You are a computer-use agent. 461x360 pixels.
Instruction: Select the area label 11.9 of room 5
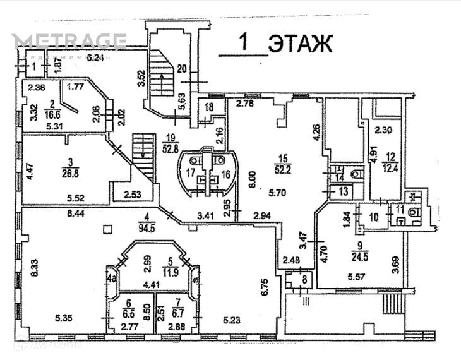pyautogui.click(x=167, y=272)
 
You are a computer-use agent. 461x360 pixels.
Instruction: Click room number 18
pyautogui.click(x=209, y=108)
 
